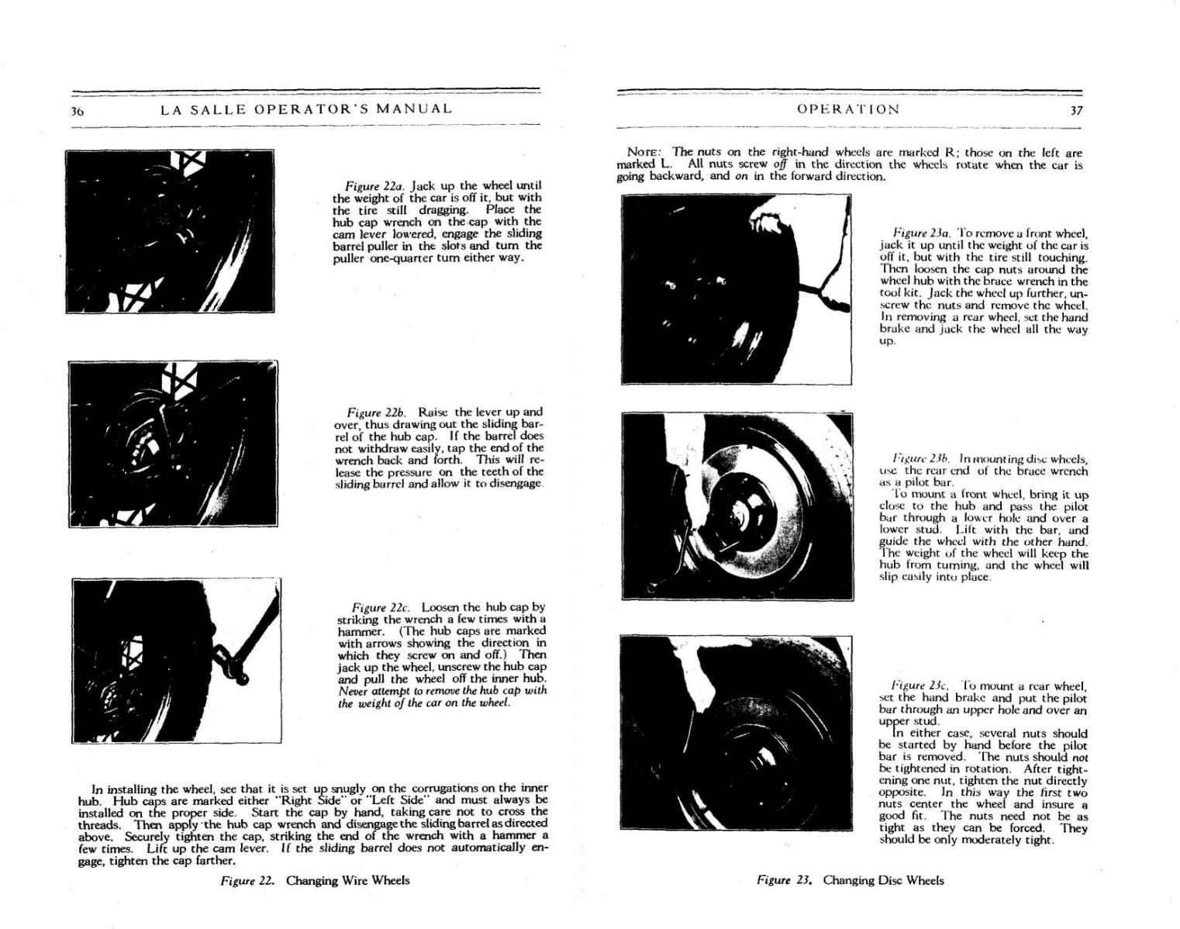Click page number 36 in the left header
[x=78, y=110]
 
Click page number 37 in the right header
[x=1075, y=110]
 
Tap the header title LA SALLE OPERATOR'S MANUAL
[x=306, y=109]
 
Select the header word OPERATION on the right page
[x=848, y=109]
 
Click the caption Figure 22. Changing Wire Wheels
[x=315, y=880]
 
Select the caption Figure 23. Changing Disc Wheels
[x=850, y=880]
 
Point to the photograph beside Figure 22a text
[x=170, y=231]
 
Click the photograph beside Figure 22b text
[x=173, y=443]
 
